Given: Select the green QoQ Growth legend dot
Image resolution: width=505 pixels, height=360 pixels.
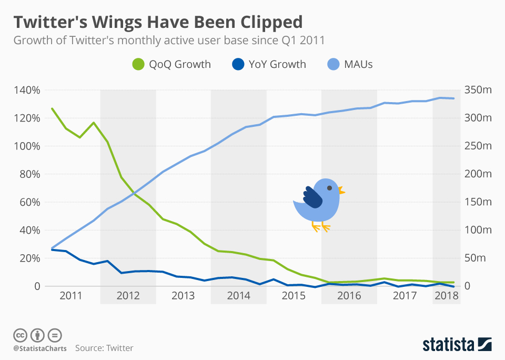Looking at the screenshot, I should [x=137, y=65].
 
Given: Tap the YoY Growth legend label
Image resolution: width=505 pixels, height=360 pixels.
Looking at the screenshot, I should [x=277, y=64].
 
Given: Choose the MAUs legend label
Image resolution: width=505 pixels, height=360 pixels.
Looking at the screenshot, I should [x=358, y=64].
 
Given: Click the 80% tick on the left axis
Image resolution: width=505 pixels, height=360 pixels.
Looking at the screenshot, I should [x=30, y=174].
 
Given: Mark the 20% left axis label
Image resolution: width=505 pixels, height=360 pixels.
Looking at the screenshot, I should [x=30, y=258].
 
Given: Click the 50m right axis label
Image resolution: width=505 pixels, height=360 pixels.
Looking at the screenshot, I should [x=478, y=258].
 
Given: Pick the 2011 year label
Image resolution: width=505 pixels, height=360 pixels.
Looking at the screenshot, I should [x=71, y=296].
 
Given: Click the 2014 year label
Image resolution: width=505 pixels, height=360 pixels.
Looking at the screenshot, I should [x=238, y=296].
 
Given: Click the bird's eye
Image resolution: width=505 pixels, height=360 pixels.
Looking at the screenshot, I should [x=329, y=187].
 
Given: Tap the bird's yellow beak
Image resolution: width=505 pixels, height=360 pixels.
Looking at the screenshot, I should [x=341, y=190].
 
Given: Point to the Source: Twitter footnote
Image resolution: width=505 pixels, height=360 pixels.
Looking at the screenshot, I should [x=104, y=348].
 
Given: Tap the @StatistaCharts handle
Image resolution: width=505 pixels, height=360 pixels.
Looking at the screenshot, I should [x=40, y=348].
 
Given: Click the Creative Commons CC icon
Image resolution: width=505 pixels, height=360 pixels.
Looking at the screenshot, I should [x=20, y=335].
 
